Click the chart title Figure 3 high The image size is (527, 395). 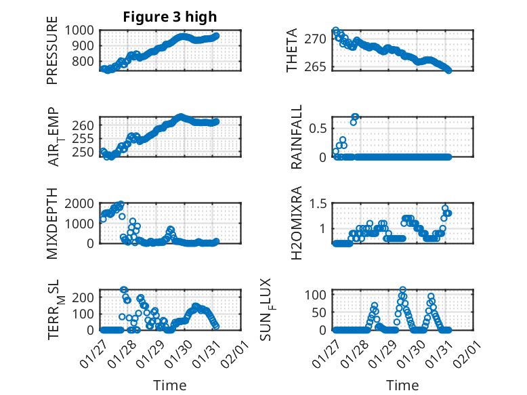coord(170,17)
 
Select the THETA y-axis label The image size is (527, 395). coord(292,50)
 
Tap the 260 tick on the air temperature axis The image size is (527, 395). coord(86,125)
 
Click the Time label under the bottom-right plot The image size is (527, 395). coord(402,385)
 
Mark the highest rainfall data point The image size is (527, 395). coord(355,117)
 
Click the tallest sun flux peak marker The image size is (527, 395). coord(403,290)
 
